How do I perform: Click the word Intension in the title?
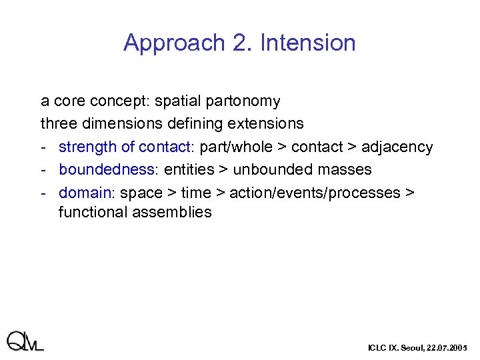tap(308, 43)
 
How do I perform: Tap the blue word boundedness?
tap(107, 169)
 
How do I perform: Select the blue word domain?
tap(85, 193)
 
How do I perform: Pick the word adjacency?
tap(397, 147)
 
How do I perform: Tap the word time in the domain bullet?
tap(195, 193)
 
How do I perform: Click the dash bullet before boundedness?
tap(43, 169)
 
